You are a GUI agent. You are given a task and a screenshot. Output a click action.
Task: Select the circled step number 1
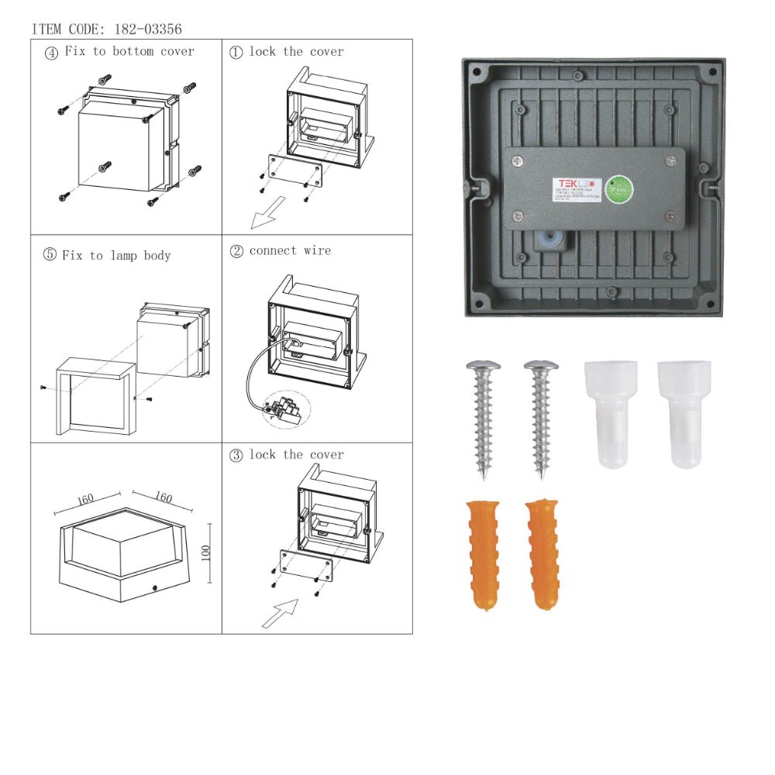[x=236, y=52]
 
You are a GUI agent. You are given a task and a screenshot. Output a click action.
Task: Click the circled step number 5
[x=50, y=255]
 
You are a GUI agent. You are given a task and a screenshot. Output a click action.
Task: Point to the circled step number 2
[x=236, y=251]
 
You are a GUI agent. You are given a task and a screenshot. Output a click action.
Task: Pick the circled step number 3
[x=236, y=455]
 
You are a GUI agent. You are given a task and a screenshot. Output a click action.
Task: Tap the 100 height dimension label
[x=205, y=553]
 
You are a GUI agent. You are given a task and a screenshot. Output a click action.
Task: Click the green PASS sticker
[x=618, y=189]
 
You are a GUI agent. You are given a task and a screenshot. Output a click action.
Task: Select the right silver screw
[x=541, y=415]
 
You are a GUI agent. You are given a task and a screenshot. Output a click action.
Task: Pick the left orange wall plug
[x=483, y=554]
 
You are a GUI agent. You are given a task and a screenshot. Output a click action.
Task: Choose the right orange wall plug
[x=542, y=554]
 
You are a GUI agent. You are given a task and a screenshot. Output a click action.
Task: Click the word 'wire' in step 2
[x=318, y=251]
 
